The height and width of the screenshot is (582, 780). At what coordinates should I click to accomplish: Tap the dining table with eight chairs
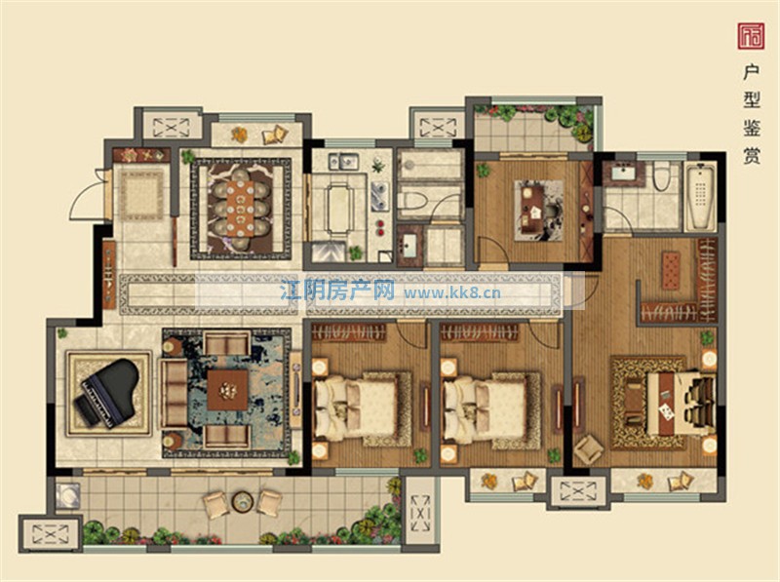tap(240, 208)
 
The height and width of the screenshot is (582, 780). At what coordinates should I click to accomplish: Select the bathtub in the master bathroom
tap(700, 196)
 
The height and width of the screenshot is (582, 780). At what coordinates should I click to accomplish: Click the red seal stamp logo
tap(751, 36)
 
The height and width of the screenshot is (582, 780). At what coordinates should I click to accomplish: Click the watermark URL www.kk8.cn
tap(452, 292)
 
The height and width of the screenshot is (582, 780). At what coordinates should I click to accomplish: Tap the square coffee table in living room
tap(227, 390)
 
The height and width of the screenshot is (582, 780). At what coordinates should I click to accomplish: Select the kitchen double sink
tap(342, 161)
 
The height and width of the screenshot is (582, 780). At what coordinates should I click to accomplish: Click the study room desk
tap(531, 208)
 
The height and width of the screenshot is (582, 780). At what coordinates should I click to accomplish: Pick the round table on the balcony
tap(242, 501)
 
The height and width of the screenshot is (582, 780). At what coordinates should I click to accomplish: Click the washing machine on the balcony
tap(67, 496)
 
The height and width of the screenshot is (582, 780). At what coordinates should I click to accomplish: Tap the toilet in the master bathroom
tap(661, 175)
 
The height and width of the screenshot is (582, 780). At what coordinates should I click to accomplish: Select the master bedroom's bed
tap(680, 404)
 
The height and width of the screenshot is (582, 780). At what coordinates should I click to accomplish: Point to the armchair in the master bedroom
tap(589, 450)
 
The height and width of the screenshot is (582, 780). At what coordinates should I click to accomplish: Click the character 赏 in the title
tap(751, 156)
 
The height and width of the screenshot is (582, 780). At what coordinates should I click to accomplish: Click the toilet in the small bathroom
tap(412, 202)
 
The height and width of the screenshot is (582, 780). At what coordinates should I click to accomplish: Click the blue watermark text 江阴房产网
tap(337, 290)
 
